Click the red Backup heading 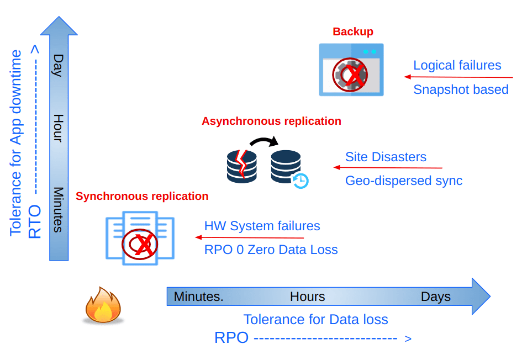pyautogui.click(x=352, y=32)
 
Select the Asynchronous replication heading pyautogui.click(x=271, y=121)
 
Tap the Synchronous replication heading pyautogui.click(x=142, y=196)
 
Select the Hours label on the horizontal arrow pyautogui.click(x=307, y=297)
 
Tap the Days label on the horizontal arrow pyautogui.click(x=435, y=297)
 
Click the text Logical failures pyautogui.click(x=457, y=65)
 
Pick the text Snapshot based pyautogui.click(x=461, y=89)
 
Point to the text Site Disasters pyautogui.click(x=386, y=157)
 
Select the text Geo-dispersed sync pyautogui.click(x=403, y=181)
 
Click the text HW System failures pyautogui.click(x=262, y=226)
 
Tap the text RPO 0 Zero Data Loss pyautogui.click(x=271, y=250)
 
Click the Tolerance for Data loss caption pyautogui.click(x=315, y=319)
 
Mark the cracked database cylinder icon pyautogui.click(x=242, y=166)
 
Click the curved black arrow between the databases pyautogui.click(x=264, y=142)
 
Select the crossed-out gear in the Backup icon pyautogui.click(x=350, y=74)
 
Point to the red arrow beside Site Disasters pyautogui.click(x=387, y=167)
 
